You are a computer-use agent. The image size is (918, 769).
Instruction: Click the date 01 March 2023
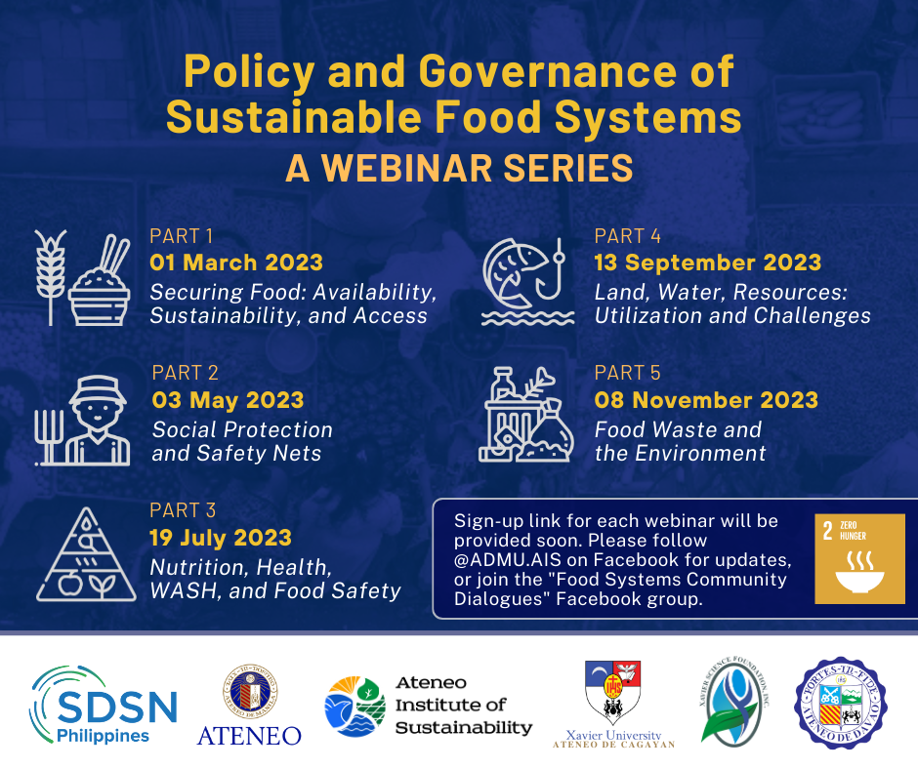pyautogui.click(x=235, y=263)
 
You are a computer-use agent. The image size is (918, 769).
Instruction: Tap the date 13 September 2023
pyautogui.click(x=707, y=263)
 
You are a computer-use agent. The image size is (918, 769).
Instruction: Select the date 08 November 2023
pyautogui.click(x=706, y=400)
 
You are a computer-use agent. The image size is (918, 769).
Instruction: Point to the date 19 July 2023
pyautogui.click(x=220, y=538)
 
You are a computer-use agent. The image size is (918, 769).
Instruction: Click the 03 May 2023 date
pyautogui.click(x=228, y=400)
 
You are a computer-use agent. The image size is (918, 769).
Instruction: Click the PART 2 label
pyautogui.click(x=185, y=373)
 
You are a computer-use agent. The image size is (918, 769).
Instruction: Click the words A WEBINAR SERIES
pyautogui.click(x=458, y=168)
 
